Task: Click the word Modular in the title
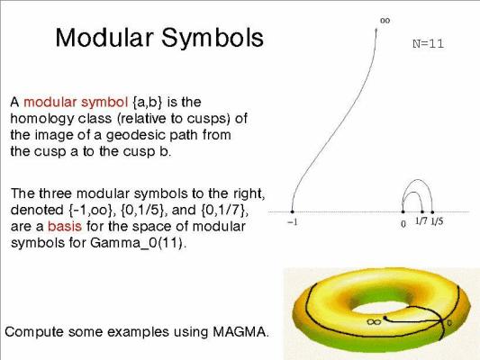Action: point(104,37)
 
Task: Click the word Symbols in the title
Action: point(213,37)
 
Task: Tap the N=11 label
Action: point(428,44)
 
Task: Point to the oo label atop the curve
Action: point(385,21)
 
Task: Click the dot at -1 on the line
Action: point(292,211)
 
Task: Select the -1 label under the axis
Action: point(292,222)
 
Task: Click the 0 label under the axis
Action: point(403,224)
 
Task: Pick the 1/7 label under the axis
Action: point(421,220)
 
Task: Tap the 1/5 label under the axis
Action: point(437,221)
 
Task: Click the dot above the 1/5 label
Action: point(432,211)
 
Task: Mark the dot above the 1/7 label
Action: point(422,211)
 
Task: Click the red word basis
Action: point(65,226)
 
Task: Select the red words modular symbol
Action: point(76,103)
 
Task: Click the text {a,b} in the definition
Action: point(148,103)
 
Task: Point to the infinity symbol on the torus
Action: point(374,322)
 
